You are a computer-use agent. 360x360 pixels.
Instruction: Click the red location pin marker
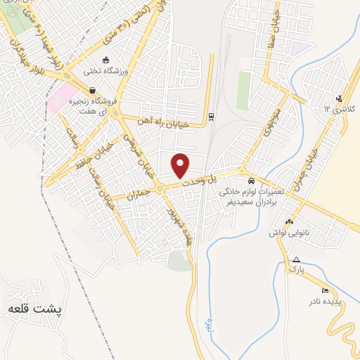[181, 165]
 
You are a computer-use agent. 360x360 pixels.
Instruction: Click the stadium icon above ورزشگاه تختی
[105, 60]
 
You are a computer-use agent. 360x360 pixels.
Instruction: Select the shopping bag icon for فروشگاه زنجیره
[92, 89]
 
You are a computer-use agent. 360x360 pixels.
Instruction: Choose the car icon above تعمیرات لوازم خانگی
[252, 179]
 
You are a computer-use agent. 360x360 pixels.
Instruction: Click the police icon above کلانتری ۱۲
[340, 98]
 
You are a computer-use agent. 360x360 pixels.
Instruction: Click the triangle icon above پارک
[296, 259]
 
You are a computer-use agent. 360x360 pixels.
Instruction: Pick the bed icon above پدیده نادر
[324, 290]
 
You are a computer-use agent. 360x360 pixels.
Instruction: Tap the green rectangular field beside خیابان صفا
[243, 91]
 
